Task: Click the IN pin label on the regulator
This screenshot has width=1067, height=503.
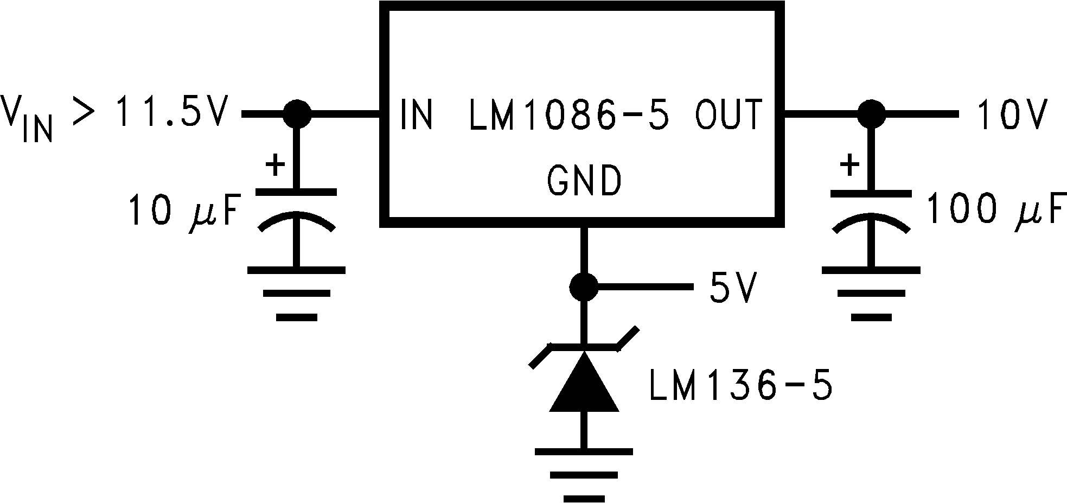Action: click(416, 114)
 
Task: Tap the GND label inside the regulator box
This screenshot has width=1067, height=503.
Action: click(584, 181)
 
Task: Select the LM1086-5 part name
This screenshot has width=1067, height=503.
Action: click(569, 114)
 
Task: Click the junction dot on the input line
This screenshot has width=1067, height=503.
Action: click(297, 114)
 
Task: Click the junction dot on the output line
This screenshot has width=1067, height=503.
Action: click(871, 114)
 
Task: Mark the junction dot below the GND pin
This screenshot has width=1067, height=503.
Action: click(584, 286)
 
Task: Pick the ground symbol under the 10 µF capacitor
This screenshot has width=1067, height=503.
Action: click(297, 293)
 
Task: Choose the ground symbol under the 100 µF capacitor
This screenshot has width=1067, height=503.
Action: click(871, 293)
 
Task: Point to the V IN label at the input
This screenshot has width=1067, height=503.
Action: click(27, 117)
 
